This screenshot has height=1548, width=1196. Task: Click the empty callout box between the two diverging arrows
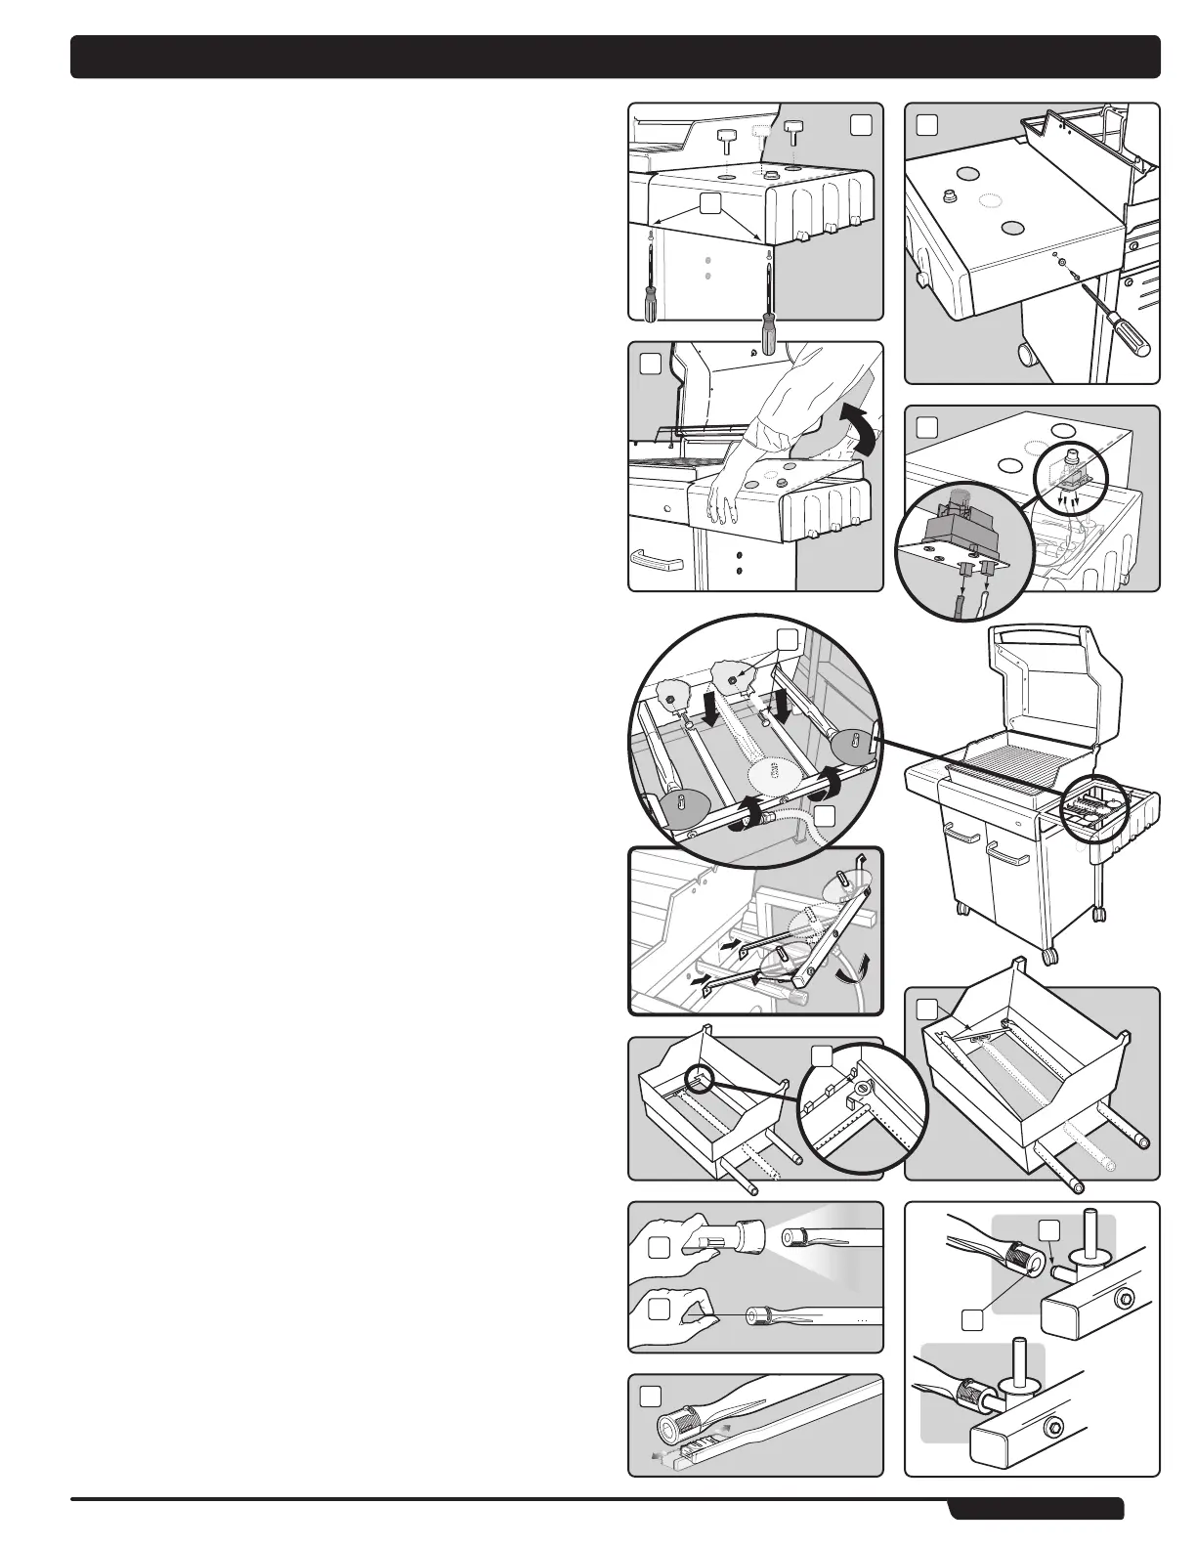tap(711, 202)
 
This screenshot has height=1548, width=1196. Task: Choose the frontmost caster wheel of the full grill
tap(1049, 954)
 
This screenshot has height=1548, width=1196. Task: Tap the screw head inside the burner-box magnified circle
tap(863, 1089)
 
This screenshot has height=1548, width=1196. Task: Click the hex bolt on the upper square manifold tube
tap(1126, 1300)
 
